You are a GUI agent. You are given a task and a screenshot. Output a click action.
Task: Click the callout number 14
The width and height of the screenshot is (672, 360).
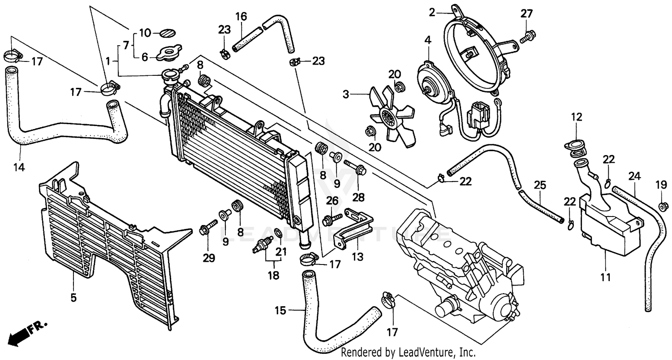coord(18,168)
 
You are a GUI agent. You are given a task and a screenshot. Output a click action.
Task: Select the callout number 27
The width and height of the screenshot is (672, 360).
coord(527,14)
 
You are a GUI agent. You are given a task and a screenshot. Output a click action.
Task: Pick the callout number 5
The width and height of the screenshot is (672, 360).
coord(73,297)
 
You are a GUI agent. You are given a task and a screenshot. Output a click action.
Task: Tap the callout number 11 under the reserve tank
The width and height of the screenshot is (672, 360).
coord(605,278)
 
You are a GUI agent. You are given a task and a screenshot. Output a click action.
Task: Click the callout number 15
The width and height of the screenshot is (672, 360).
coord(280,310)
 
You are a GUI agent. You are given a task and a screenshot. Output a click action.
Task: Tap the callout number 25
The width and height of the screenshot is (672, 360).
coord(540,184)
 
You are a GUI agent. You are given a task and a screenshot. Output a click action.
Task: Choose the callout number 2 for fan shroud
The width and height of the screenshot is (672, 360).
coord(432,13)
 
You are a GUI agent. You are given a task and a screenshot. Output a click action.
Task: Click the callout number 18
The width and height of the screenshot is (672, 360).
coord(273,275)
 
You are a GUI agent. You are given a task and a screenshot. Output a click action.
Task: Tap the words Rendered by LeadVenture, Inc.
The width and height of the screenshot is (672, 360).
coord(408,352)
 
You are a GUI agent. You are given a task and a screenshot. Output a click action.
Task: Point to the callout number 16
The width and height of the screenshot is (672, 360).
coord(241,17)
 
